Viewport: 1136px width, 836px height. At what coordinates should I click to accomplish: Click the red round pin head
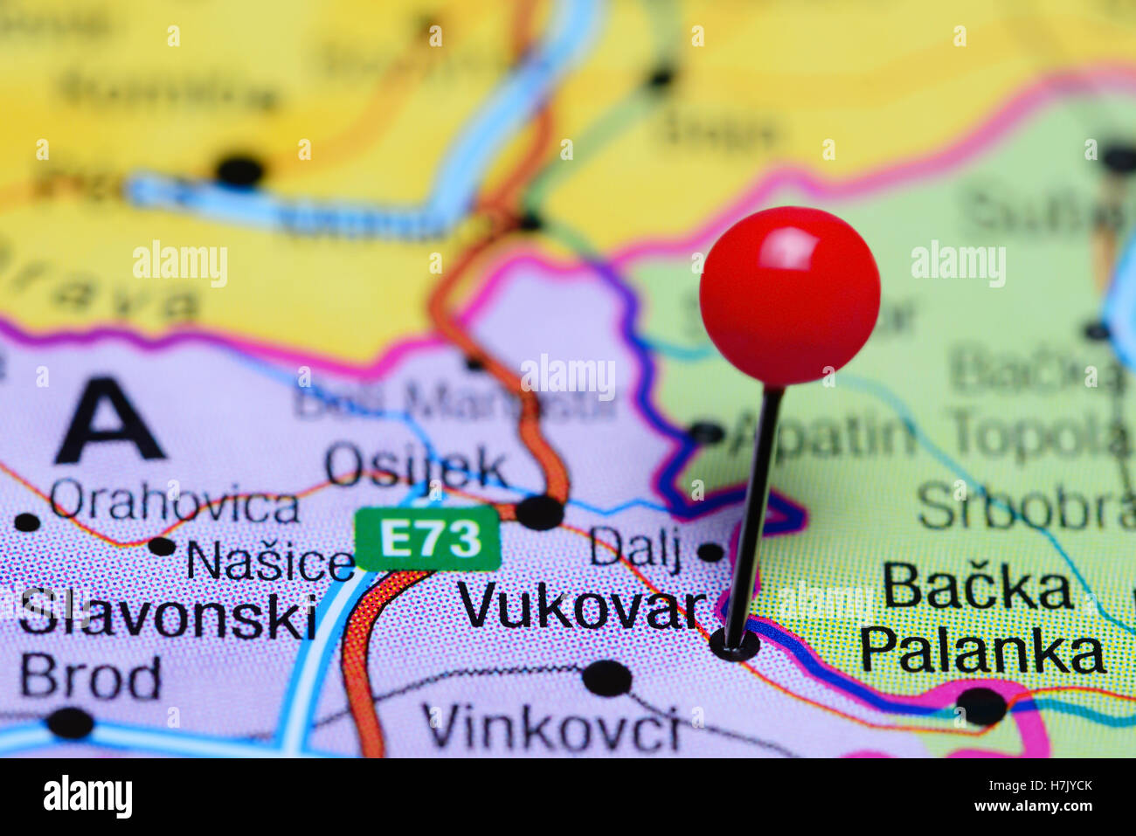[x=789, y=295]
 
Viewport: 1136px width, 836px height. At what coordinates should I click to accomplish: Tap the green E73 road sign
[x=427, y=539]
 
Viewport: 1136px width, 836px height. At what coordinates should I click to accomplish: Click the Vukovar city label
[x=581, y=605]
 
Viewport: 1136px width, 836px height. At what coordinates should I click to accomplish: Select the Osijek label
[x=416, y=466]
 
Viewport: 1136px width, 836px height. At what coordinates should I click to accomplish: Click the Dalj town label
[x=635, y=548]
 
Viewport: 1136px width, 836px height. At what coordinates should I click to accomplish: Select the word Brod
[x=91, y=677]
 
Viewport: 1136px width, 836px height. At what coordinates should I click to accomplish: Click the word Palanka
[x=982, y=652]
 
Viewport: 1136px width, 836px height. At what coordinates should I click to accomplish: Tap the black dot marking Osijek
[x=539, y=512]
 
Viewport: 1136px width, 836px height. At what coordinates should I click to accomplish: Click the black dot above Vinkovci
[x=607, y=677]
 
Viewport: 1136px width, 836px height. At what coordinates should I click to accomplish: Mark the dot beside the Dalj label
[x=710, y=552]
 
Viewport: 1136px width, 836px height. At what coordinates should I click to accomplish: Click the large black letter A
[x=108, y=421]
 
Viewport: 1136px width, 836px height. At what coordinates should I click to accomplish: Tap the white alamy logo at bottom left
[x=87, y=797]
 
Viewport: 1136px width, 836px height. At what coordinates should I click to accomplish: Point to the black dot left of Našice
[x=162, y=547]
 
